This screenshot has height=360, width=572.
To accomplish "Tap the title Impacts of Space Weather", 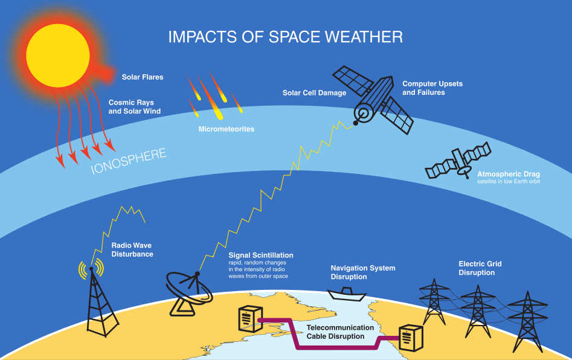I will [285, 37].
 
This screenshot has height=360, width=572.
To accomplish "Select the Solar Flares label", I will [143, 77].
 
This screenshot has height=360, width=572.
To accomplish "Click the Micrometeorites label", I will [226, 129].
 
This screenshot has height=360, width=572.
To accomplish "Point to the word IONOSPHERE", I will [129, 161].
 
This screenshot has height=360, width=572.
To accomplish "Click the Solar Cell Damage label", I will [314, 93].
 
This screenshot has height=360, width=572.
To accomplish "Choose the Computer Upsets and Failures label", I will [432, 88].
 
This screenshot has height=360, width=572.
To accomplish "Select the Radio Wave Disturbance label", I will [132, 249].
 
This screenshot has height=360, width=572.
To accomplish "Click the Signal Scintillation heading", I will [261, 256].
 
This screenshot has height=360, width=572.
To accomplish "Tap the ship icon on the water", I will [346, 295].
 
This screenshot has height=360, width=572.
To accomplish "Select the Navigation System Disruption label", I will [363, 272].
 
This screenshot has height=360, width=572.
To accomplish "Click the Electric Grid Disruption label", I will [480, 268].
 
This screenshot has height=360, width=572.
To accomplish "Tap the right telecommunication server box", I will [411, 338].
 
